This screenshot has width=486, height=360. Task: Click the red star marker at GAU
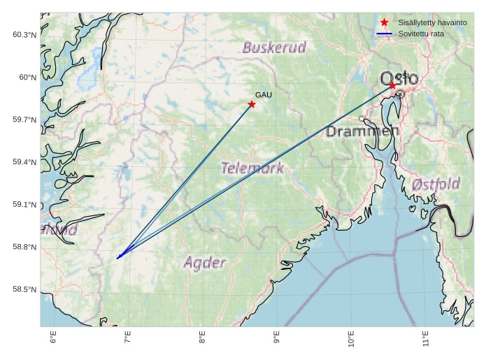[252, 104]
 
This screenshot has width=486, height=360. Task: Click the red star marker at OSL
[392, 85]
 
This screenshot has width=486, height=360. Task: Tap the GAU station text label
[263, 94]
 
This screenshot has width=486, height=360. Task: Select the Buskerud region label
[274, 48]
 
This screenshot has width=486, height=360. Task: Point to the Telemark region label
[252, 168]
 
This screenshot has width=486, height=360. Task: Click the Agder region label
[204, 263]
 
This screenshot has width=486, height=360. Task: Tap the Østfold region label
[436, 185]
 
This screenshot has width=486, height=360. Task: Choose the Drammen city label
[362, 131]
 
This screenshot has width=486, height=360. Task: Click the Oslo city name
[399, 78]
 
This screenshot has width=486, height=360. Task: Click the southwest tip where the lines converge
[117, 258]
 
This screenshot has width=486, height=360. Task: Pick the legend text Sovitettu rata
[421, 34]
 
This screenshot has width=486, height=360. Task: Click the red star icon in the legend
[384, 22]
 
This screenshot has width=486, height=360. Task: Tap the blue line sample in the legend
[384, 34]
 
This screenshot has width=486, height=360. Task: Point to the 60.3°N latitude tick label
[24, 35]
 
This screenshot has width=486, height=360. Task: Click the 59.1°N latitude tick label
[24, 205]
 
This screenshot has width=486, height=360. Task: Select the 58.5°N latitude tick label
[24, 289]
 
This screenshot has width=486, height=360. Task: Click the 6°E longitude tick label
[53, 340]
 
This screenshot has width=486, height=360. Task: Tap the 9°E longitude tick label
[277, 340]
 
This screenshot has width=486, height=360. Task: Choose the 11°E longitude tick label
[426, 340]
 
